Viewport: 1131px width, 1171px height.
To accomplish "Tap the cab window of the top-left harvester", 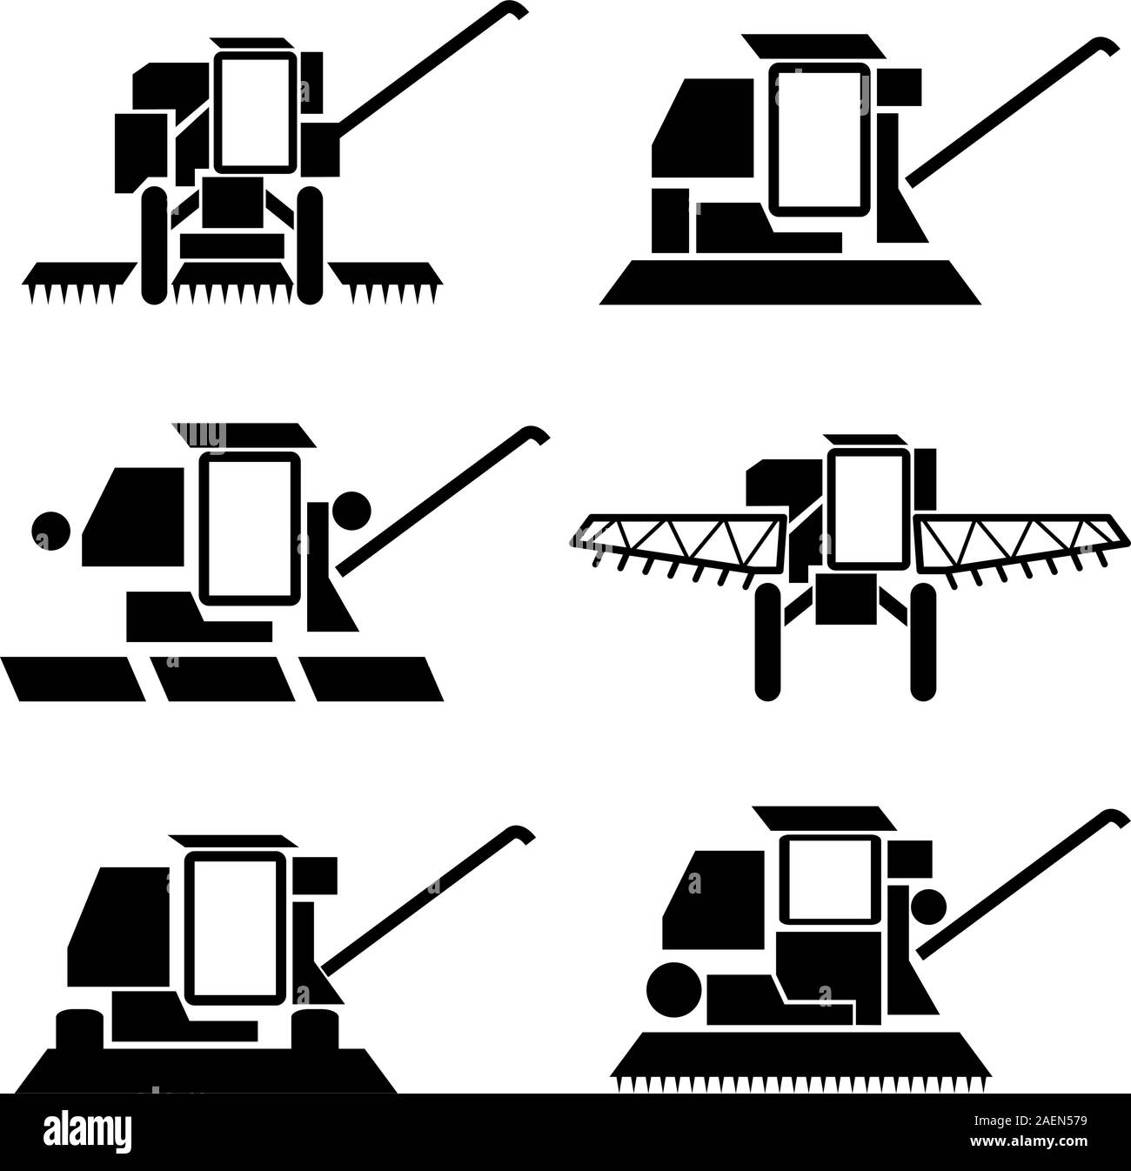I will click(256, 112).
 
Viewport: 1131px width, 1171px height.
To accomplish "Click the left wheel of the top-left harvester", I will click(154, 245).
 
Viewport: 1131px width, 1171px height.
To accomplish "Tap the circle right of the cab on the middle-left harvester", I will click(352, 508).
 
